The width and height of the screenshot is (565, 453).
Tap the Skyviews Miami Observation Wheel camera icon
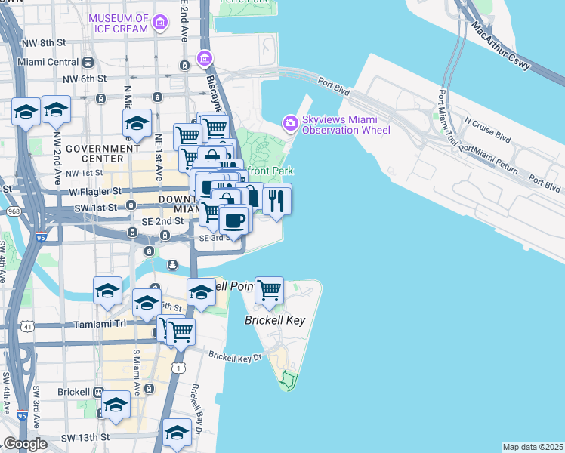pos(289,122)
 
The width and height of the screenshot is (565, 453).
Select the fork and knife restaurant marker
pos(276,200)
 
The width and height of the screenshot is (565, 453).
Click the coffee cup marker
pos(234,220)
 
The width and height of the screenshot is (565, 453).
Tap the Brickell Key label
pos(275,320)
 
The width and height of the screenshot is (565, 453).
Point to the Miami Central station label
pos(51,62)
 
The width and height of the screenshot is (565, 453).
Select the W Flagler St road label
pos(75,191)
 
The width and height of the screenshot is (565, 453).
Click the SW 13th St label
pos(85,437)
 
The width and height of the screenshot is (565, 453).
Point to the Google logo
pos(24,444)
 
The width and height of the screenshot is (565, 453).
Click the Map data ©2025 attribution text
pos(533,447)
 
